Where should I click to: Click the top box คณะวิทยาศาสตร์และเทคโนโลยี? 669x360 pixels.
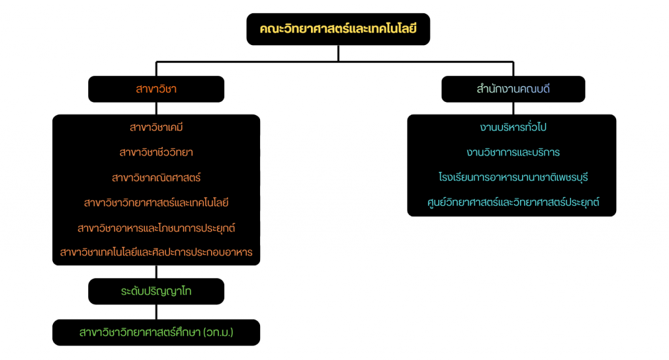338,29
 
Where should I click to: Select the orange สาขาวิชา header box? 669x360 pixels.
156,90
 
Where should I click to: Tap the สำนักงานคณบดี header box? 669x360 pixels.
513,90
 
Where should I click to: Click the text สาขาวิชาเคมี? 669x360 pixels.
156,127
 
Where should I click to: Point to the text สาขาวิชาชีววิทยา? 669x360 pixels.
156,152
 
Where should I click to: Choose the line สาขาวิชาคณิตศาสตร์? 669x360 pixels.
156,177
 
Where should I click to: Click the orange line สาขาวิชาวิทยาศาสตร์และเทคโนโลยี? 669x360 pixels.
156,203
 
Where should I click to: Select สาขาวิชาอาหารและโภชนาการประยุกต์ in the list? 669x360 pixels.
156,228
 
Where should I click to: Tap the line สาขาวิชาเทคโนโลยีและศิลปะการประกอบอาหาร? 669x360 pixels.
156,252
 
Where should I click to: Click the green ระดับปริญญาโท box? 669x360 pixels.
156,291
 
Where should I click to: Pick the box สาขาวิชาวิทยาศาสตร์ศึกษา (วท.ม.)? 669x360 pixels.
156,333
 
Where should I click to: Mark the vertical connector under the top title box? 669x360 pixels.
338,53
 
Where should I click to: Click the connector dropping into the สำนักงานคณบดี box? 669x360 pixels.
514,69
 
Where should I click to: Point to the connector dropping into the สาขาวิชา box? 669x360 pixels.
156,69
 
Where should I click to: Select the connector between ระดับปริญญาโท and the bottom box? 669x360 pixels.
156,312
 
